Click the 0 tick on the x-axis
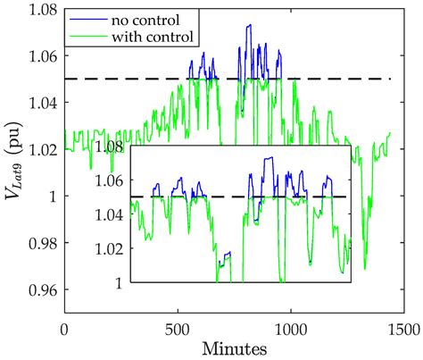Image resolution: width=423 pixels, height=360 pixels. [x=63, y=327]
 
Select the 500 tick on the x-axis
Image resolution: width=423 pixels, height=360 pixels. [x=178, y=327]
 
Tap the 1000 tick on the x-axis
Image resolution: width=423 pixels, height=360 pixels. [x=291, y=327]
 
